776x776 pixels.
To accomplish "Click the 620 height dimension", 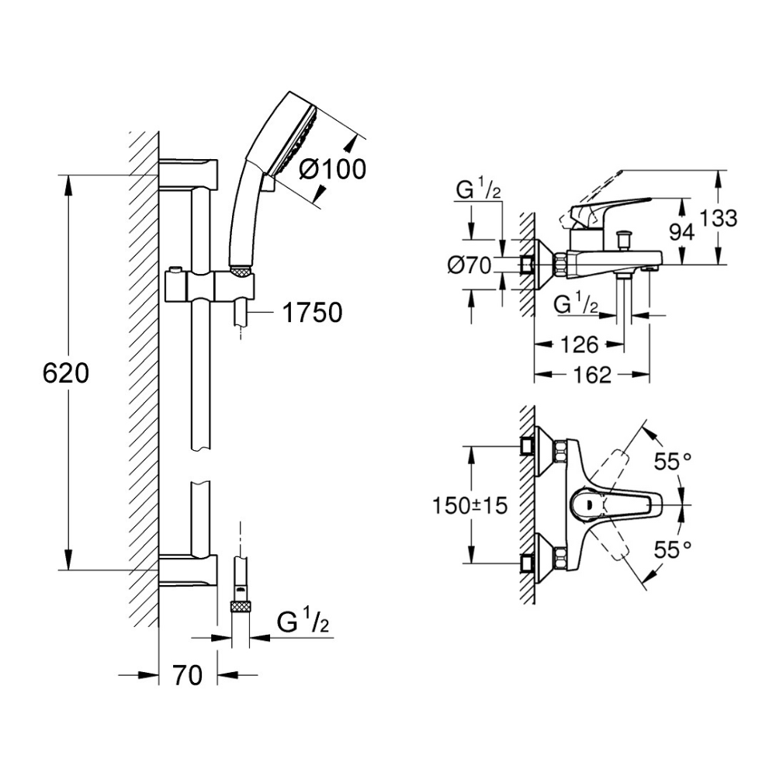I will click(x=66, y=374).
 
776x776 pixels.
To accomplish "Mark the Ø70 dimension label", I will click(x=470, y=266).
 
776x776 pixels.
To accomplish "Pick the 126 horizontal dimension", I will click(x=580, y=343).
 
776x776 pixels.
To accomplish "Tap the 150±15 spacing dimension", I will click(x=469, y=505).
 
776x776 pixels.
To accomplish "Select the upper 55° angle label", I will click(x=672, y=462).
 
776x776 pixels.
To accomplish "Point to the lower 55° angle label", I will click(x=672, y=549).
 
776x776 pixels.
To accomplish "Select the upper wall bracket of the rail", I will click(x=190, y=171).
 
